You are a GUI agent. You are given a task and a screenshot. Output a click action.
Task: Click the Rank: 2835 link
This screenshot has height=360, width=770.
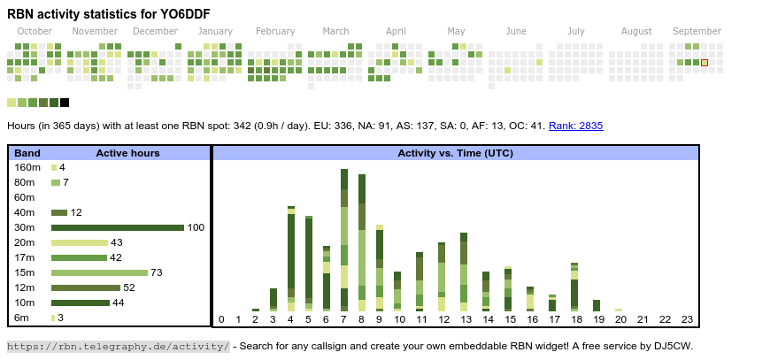[x=575, y=126]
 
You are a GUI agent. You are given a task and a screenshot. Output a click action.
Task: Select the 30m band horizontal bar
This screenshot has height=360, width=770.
[x=117, y=227]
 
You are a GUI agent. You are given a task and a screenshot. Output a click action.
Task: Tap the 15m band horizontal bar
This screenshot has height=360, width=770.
[x=99, y=272]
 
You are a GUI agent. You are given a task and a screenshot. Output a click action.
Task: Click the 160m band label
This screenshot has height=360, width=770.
[x=27, y=167]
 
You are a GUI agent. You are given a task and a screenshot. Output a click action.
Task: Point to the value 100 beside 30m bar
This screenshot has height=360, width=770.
[x=196, y=227]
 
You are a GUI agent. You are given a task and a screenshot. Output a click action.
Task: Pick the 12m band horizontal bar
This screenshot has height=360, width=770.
[x=86, y=287]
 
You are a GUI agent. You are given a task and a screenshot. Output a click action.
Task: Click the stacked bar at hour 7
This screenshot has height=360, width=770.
[x=344, y=240]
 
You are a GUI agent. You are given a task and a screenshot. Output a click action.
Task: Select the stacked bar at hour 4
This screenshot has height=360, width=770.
[x=291, y=258]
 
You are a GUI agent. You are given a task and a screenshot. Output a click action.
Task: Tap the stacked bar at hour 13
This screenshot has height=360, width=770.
[x=464, y=272]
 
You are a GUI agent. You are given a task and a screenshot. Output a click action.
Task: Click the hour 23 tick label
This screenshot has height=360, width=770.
[x=687, y=319]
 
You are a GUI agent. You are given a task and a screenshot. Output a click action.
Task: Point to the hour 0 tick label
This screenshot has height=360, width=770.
[x=221, y=319]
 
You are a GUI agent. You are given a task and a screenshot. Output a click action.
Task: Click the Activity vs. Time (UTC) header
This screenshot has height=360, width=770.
[x=455, y=153]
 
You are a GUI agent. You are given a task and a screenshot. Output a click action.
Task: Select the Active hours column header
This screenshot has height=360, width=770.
[x=127, y=153]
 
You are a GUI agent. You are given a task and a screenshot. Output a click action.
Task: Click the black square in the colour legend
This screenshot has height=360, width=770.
[x=65, y=103]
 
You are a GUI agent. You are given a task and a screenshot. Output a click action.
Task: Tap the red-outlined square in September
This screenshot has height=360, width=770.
[x=705, y=63]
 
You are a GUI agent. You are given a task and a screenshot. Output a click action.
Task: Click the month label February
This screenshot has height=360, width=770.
[x=275, y=31]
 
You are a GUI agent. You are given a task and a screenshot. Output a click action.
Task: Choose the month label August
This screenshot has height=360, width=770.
[x=636, y=31]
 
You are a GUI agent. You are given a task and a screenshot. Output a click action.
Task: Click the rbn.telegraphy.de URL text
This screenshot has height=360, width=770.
[x=118, y=346]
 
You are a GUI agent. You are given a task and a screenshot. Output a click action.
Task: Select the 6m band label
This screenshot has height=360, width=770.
[x=21, y=318]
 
